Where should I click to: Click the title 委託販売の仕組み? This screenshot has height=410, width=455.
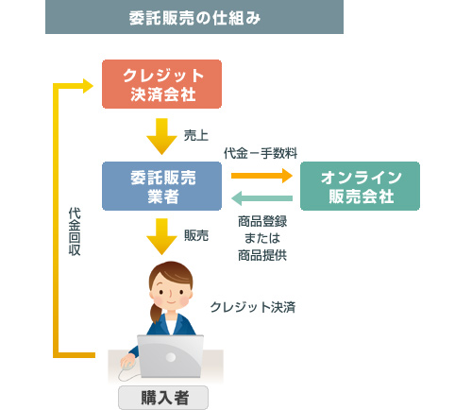194,18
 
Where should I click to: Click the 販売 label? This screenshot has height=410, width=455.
196,234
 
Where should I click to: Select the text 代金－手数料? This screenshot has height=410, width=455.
261,153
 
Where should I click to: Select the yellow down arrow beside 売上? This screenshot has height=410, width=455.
162,134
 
